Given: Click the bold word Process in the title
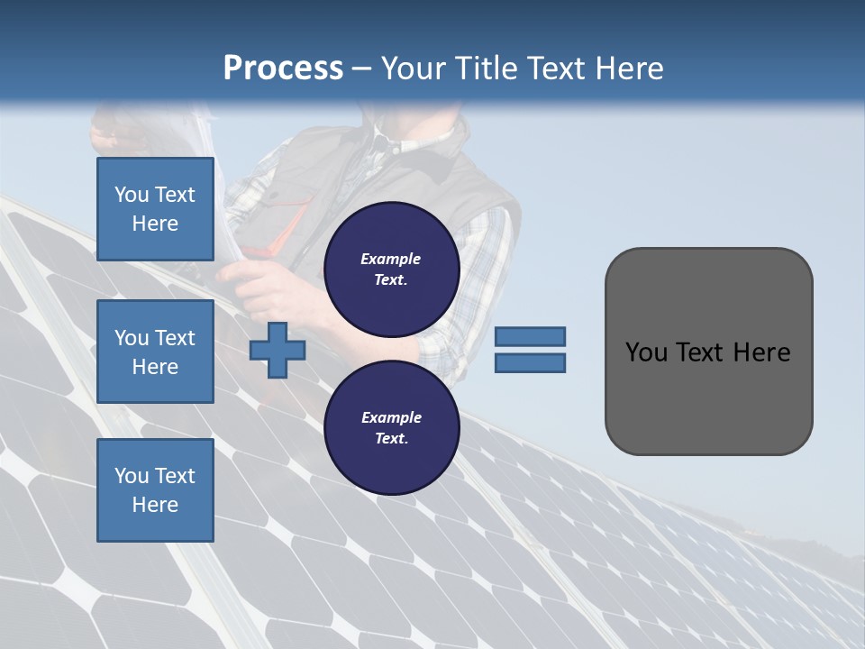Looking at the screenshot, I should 283,69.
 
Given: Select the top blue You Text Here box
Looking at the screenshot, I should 155,209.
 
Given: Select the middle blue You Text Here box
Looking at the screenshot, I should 155,352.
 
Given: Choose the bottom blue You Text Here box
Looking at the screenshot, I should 155,489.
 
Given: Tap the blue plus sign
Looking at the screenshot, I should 278,351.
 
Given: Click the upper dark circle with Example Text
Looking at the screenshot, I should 391,269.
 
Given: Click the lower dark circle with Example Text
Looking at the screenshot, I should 391,427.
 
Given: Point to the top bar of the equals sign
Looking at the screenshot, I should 530,336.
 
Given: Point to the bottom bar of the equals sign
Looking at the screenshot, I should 530,363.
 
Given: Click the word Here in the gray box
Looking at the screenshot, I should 762,352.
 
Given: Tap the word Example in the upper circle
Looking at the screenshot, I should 391,259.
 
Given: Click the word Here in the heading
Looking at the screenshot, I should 627,69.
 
